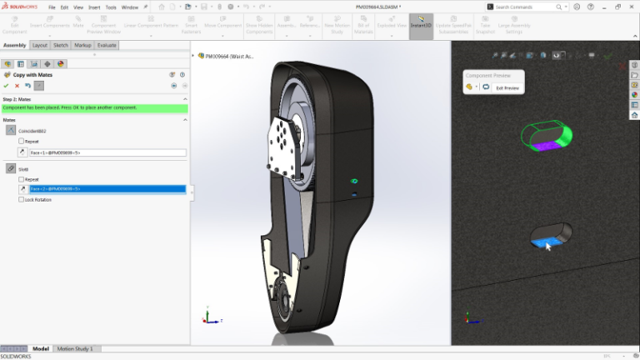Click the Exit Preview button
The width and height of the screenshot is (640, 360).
coord(507,87)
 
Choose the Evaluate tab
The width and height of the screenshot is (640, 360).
coord(107,45)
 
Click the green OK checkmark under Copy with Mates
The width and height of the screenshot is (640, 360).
coord(7,85)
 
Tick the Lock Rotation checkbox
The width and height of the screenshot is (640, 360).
coord(22,199)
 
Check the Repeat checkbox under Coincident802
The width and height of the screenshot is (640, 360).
coord(22,141)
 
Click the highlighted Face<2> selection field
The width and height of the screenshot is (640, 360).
coord(107,189)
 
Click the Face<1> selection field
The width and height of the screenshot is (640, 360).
coord(107,152)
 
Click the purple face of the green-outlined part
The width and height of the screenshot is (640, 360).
coord(545,146)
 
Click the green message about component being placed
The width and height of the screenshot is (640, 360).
coord(94,108)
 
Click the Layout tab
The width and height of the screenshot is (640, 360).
coord(39,45)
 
